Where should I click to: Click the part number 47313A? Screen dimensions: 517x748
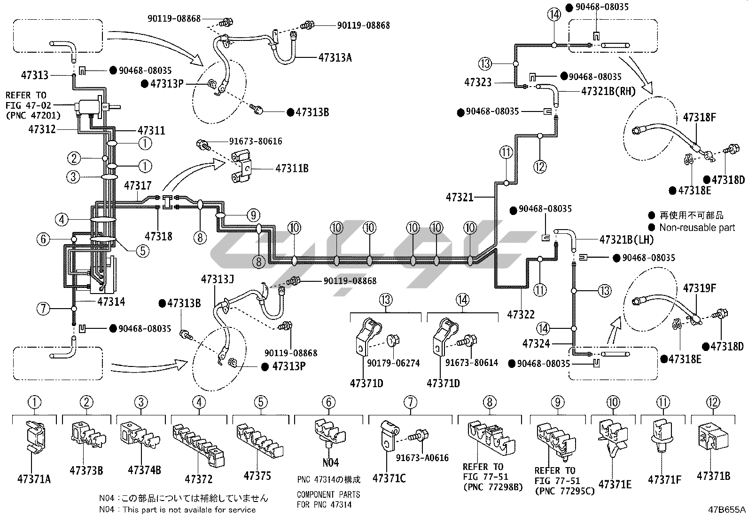point(335,58)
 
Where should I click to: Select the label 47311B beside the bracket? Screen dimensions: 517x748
point(292,168)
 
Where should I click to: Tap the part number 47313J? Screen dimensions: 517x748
point(217,279)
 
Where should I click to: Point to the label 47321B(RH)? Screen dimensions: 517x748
point(608,91)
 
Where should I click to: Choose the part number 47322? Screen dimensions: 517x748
point(521,314)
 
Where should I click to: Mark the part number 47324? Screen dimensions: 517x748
point(536,344)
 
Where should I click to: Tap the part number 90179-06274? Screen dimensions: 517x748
point(393,363)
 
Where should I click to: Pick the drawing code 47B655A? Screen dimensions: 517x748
point(727,509)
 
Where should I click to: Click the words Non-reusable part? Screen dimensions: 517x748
point(697,228)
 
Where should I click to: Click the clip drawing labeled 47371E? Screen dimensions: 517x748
point(614,440)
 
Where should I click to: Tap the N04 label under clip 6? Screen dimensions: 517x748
point(330,462)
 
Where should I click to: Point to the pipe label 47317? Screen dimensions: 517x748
point(138,186)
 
